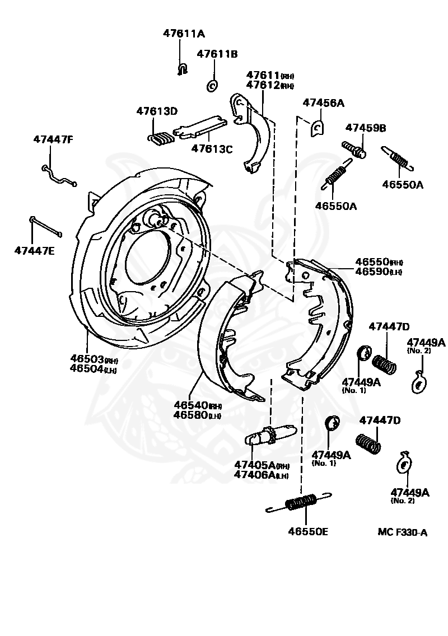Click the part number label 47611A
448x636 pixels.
pyautogui.click(x=184, y=34)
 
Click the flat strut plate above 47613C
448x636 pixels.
pyautogui.click(x=200, y=127)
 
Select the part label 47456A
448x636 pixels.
pyautogui.click(x=323, y=103)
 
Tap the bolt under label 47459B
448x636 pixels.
pyautogui.click(x=354, y=149)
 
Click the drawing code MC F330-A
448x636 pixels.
pyautogui.click(x=402, y=532)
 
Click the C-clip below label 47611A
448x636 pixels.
pyautogui.click(x=181, y=69)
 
